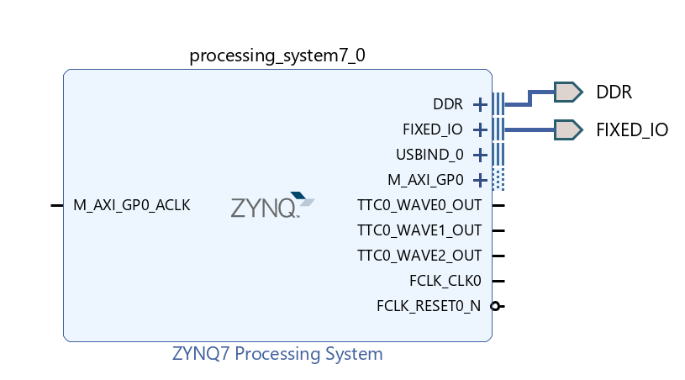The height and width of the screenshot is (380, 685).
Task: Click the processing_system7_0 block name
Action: [x=277, y=56]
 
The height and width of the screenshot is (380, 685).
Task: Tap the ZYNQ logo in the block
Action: [x=272, y=205]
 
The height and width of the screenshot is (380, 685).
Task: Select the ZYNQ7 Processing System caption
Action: [x=277, y=354]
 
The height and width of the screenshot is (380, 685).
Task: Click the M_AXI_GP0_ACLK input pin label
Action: [x=132, y=205]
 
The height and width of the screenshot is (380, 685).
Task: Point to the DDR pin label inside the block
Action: [x=448, y=104]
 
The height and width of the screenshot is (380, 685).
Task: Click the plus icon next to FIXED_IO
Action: [x=480, y=129]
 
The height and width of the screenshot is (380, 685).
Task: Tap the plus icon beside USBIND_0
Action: [x=480, y=155]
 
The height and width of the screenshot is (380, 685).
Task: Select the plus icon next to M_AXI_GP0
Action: [x=480, y=180]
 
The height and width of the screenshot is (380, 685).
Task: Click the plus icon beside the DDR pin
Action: [x=480, y=104]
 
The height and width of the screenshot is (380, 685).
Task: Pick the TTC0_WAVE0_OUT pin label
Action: [x=419, y=205]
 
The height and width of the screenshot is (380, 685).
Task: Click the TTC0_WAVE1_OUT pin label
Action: [x=419, y=230]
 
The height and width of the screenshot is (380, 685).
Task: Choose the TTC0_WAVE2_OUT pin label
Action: [x=419, y=256]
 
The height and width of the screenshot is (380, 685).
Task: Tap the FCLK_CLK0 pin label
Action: [x=445, y=281]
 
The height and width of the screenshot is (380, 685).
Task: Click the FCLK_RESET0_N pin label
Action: [x=429, y=306]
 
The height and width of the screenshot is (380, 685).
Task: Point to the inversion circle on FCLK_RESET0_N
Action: [x=495, y=306]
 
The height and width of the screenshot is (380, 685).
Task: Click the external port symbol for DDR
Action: [x=568, y=92]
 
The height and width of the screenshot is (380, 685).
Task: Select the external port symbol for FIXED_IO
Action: [x=568, y=129]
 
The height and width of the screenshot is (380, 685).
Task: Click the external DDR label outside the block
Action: [x=614, y=92]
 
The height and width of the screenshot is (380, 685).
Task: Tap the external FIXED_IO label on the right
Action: [x=632, y=129]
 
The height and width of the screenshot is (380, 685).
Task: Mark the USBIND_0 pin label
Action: [x=429, y=155]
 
